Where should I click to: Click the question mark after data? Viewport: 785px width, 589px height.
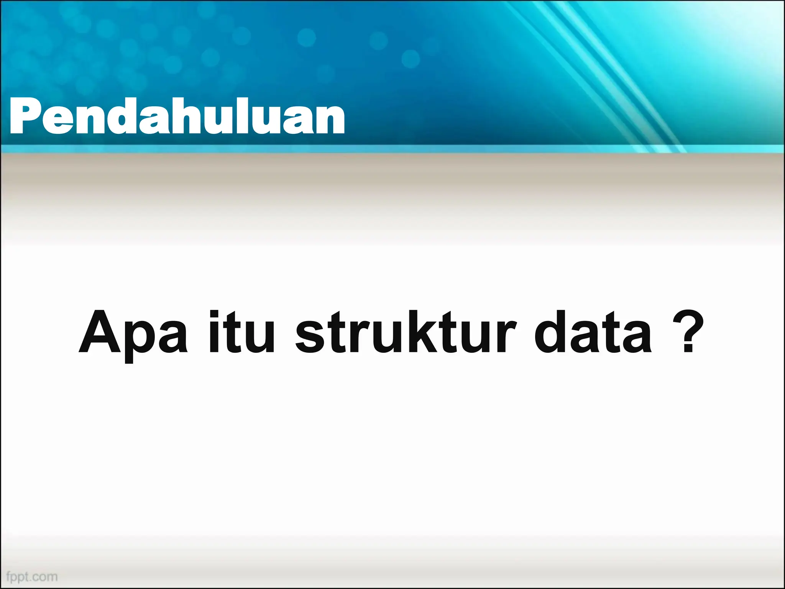(688, 331)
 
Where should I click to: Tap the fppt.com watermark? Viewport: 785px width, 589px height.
(32, 576)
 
